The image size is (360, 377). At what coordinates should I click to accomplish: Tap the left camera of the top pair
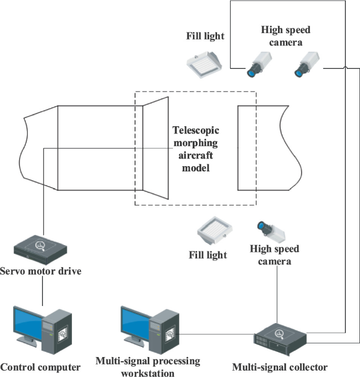(x=258, y=64)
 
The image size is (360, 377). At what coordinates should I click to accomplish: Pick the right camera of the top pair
(x=305, y=64)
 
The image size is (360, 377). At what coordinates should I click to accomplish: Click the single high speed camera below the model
(x=270, y=229)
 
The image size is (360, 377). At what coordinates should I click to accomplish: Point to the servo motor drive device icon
(x=42, y=250)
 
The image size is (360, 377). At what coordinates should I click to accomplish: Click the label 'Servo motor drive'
(x=41, y=272)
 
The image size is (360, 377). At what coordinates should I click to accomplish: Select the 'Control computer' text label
(x=40, y=367)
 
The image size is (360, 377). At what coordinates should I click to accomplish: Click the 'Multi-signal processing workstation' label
(x=148, y=366)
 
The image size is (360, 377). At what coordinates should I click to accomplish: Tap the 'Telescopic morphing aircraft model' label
(x=195, y=149)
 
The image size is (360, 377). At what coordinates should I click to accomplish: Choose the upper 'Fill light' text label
(x=205, y=36)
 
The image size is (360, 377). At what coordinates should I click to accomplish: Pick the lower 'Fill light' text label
(x=208, y=255)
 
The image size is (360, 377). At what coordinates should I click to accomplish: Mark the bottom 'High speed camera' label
(x=274, y=254)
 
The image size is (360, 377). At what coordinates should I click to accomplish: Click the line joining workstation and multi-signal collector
(x=217, y=333)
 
